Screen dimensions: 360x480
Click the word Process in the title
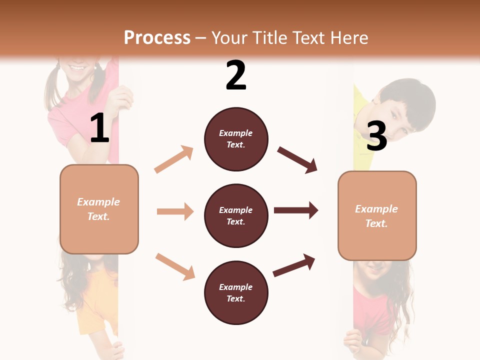tap(157, 37)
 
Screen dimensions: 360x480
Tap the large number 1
tap(99, 128)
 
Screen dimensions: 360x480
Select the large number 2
tap(236, 75)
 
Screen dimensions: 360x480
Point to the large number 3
tap(376, 136)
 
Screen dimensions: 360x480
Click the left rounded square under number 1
tap(99, 209)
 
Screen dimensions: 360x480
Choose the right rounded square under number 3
tap(377, 216)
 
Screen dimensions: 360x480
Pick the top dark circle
tap(236, 139)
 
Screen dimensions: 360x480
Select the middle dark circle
tap(236, 215)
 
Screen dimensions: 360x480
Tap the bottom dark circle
tap(236, 292)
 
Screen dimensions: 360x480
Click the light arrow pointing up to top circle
tap(174, 159)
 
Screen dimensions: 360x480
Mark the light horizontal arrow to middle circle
tap(175, 211)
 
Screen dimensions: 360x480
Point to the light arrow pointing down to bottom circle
tap(175, 266)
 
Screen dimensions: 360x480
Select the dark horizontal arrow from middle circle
tap(296, 210)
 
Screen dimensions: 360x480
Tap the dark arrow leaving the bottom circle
tap(294, 265)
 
